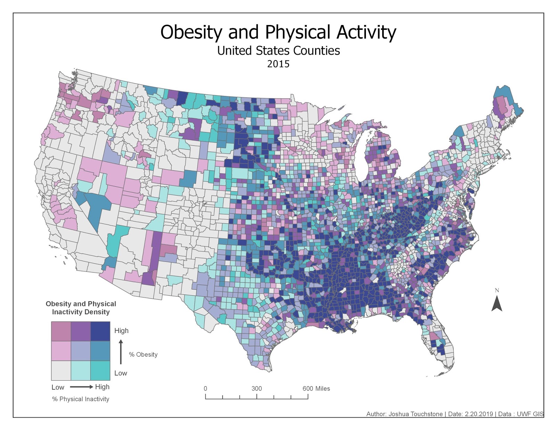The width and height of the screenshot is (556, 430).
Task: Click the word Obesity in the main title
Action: [x=191, y=32]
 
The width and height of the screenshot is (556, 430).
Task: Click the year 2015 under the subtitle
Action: [x=278, y=64]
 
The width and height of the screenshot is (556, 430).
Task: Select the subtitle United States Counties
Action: [x=278, y=51]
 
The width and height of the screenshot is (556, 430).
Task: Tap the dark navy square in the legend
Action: [x=100, y=331]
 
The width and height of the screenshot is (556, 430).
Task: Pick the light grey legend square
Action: [x=61, y=371]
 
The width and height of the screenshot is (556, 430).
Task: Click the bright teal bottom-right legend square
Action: [x=100, y=371]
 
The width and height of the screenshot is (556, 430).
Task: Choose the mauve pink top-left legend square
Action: [x=61, y=331]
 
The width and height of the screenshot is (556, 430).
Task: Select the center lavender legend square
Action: [x=81, y=351]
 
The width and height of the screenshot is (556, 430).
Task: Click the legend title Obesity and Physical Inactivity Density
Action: [x=81, y=308]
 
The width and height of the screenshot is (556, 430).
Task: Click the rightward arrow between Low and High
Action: [x=81, y=387]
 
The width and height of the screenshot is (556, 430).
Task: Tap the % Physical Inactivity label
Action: [x=81, y=399]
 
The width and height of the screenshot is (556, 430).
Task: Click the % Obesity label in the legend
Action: [x=143, y=355]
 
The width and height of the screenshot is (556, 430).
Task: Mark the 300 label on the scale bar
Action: [x=256, y=389]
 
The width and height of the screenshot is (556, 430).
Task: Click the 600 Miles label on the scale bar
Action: [x=316, y=389]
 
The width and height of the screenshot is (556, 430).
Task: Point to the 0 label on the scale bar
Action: [x=205, y=389]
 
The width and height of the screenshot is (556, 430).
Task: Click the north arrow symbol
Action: [x=497, y=303]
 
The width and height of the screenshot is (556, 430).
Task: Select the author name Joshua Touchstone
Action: [x=416, y=414]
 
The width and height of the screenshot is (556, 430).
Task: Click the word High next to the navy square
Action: [x=121, y=331]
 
